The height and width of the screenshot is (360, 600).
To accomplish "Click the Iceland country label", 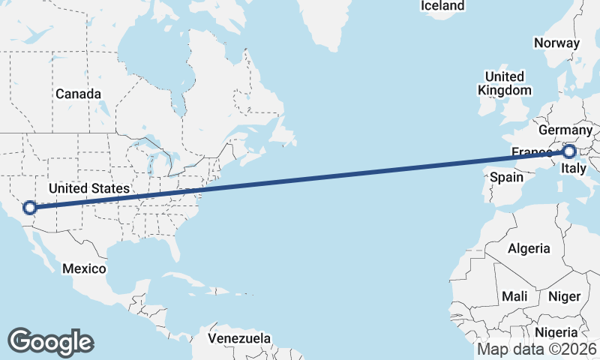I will click(442, 6).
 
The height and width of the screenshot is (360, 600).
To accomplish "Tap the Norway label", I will click(556, 43).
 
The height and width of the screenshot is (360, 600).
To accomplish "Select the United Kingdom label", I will click(504, 83).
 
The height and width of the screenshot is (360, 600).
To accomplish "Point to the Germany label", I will click(565, 130).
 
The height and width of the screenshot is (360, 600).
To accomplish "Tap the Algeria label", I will click(529, 248).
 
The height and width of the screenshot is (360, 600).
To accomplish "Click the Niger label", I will click(564, 296).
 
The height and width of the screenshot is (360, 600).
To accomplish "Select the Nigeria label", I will click(556, 332).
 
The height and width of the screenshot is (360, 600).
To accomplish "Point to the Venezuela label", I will click(239, 338).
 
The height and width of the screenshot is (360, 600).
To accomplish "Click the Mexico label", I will click(84, 268).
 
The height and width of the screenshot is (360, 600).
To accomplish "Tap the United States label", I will click(89, 188).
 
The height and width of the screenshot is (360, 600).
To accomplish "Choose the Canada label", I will click(78, 94).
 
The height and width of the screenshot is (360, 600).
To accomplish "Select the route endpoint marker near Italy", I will click(569, 151).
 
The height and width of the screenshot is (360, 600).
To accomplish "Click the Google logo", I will click(50, 341).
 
